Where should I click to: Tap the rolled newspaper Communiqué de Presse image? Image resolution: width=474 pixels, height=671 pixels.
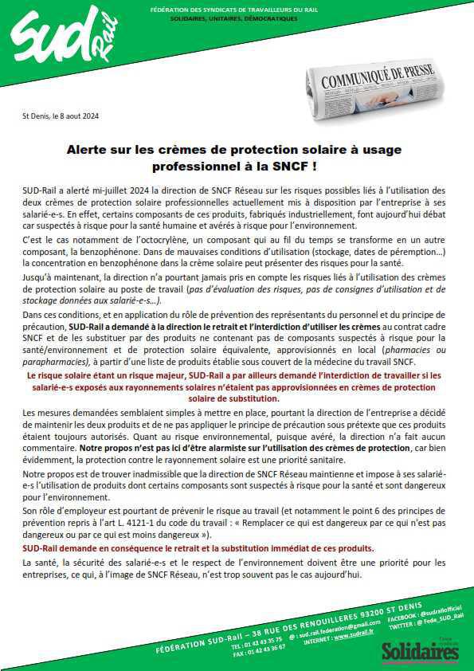click(378, 96)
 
